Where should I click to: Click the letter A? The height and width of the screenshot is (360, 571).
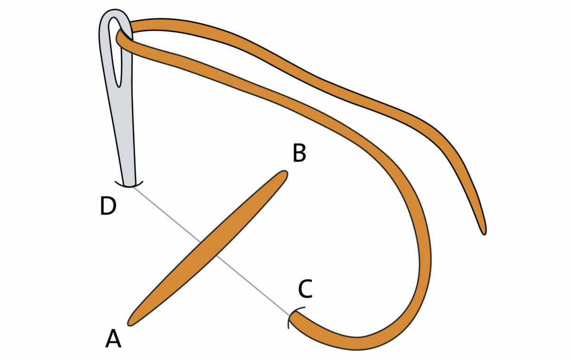click(x=113, y=339)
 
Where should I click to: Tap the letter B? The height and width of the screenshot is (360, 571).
click(x=299, y=153)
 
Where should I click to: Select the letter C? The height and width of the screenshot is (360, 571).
click(x=305, y=289)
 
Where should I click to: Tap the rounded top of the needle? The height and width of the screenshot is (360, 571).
click(x=116, y=13)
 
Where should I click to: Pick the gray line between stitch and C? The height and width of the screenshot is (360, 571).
click(x=252, y=284)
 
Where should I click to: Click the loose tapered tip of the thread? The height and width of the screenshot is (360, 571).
click(x=484, y=232)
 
